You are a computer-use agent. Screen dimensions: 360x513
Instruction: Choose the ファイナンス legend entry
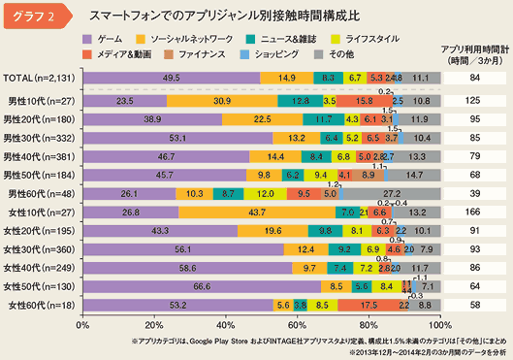[202, 53]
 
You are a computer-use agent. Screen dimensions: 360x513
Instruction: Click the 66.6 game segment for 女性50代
[203, 286]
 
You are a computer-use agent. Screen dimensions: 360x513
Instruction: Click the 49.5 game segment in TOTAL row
[172, 77]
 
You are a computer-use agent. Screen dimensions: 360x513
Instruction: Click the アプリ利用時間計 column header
[475, 49]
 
